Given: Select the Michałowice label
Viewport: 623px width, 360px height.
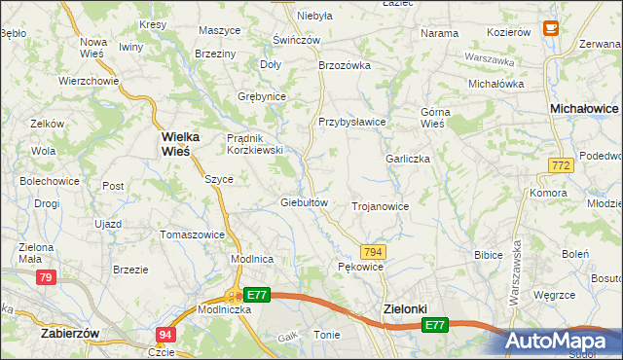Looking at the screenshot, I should point(584,109).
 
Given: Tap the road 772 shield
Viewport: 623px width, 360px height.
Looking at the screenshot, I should point(559,167).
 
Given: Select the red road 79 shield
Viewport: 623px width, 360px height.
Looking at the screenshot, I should point(46,278).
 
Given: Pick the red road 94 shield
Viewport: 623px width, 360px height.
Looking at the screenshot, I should point(165,335).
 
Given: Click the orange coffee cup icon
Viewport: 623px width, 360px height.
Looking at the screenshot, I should point(551,29).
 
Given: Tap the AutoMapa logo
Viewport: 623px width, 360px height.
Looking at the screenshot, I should point(562,341).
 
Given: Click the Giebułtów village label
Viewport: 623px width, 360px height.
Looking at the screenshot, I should point(304,202).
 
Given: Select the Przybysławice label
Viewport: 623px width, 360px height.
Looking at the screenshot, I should point(352,122).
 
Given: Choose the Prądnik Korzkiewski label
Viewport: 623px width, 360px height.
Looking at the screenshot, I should point(254,144).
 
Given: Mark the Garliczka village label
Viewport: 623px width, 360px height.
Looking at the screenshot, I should point(408,159).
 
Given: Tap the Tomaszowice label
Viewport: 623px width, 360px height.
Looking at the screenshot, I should point(193,234).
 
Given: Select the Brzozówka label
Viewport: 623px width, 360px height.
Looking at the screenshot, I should point(346,65).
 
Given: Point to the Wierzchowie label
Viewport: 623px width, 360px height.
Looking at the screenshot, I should point(89,81).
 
